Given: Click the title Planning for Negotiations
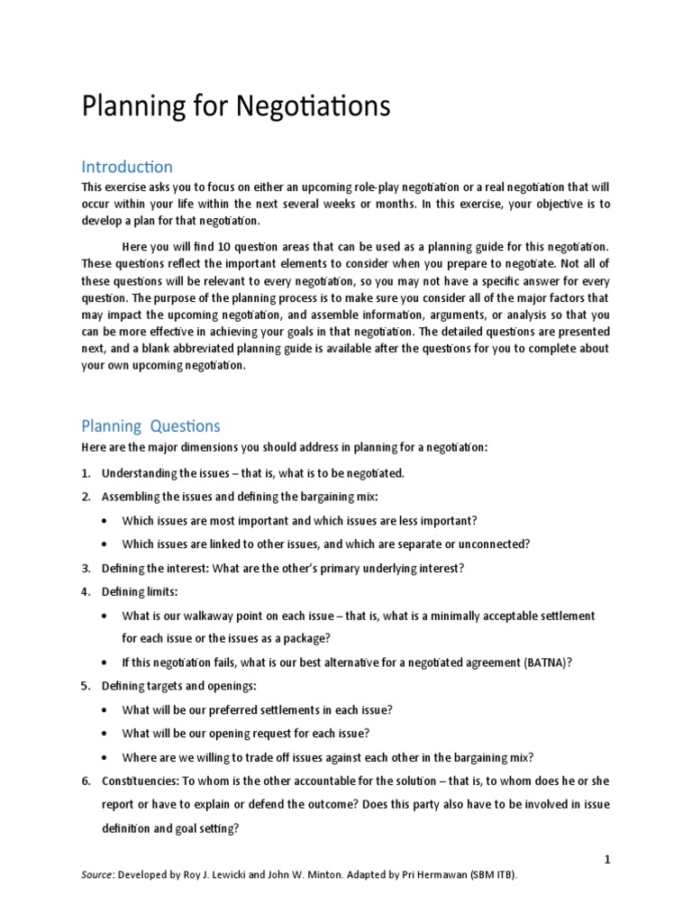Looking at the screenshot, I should click(x=236, y=107).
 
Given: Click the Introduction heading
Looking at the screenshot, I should click(x=127, y=167).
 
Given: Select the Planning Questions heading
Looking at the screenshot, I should click(x=150, y=425).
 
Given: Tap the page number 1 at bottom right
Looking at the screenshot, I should click(x=608, y=860).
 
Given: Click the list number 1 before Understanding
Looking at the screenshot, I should click(x=86, y=472).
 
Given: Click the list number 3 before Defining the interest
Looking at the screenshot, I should click(x=86, y=568).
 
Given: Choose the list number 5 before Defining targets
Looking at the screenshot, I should click(x=86, y=686).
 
